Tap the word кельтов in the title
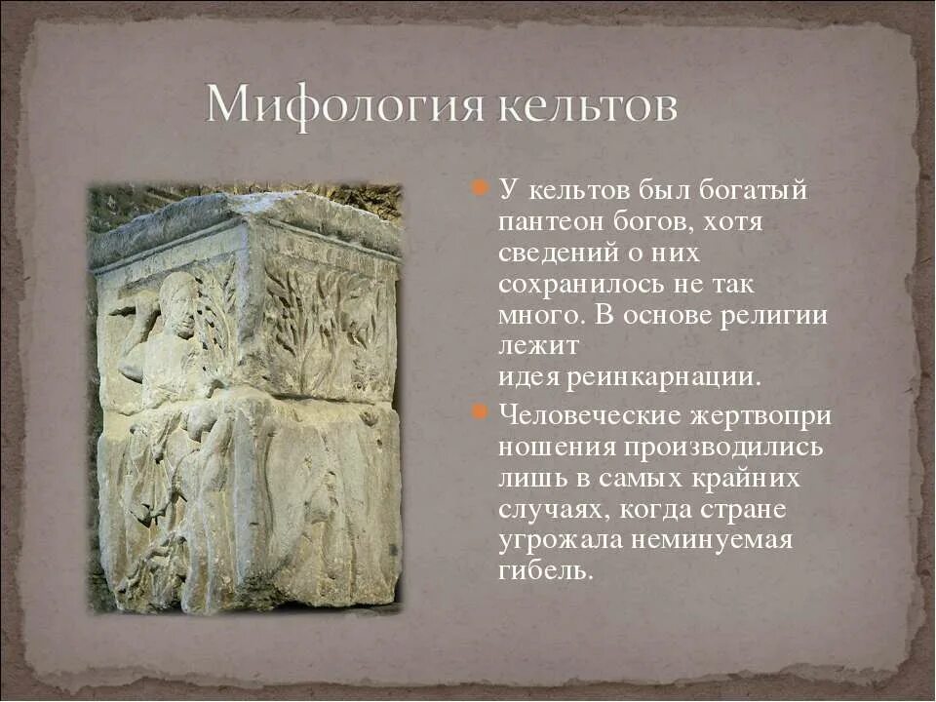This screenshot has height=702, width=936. pos(588,105)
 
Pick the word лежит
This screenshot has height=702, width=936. pos(539,346)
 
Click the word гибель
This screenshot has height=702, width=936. pos(545,571)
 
